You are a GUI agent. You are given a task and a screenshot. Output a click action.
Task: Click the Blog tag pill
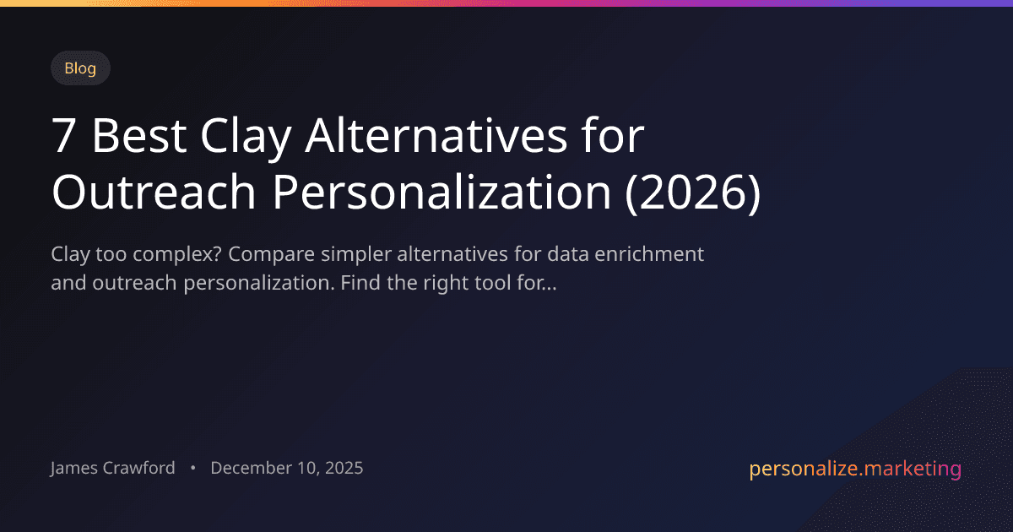(x=80, y=68)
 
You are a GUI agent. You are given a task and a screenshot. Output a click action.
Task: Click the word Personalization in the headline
(x=439, y=193)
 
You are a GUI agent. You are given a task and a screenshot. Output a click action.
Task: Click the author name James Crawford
(x=113, y=468)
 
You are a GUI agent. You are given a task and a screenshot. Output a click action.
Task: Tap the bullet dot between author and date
(x=193, y=469)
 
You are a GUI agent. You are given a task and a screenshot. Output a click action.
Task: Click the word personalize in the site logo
(x=801, y=470)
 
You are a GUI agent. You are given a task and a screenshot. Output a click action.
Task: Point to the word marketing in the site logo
(x=911, y=470)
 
